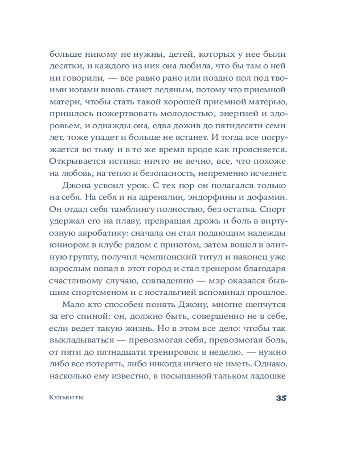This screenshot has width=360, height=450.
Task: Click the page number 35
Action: pyautogui.click(x=281, y=398)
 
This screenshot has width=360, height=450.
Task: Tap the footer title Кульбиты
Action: pyautogui.click(x=67, y=398)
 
